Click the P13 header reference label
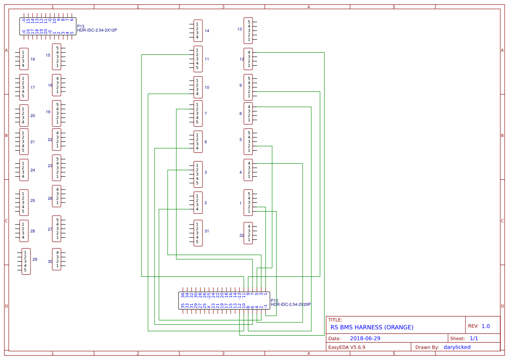click(x=81, y=26)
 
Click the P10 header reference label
click(x=274, y=300)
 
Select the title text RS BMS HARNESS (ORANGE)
click(x=372, y=327)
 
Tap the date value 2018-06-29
click(x=365, y=338)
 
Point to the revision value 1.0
click(x=485, y=326)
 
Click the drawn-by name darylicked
click(x=457, y=347)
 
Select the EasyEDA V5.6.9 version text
click(x=347, y=347)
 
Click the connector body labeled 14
click(x=198, y=30)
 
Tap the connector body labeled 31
click(x=198, y=233)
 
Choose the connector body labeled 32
click(x=248, y=233)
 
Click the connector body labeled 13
click(x=248, y=30)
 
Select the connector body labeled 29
click(x=26, y=261)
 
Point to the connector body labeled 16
click(x=24, y=59)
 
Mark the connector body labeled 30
click(x=57, y=259)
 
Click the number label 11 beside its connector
click(x=207, y=59)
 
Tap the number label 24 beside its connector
click(x=33, y=170)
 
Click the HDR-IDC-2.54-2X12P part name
click(x=97, y=30)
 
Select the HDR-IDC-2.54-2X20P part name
click(x=291, y=305)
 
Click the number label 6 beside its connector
click(x=206, y=142)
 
